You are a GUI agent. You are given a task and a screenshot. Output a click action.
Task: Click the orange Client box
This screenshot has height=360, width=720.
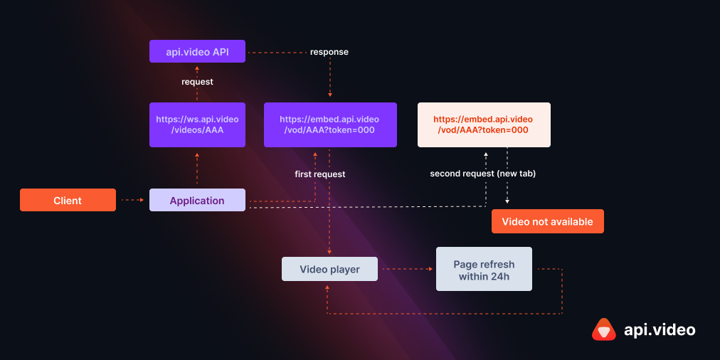tap(68, 201)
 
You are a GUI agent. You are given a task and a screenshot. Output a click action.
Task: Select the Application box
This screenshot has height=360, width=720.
tap(197, 201)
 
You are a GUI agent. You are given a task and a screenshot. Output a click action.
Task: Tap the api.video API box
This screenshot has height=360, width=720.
tap(197, 52)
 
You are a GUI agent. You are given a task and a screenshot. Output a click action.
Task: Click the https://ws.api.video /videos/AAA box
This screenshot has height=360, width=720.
tap(197, 125)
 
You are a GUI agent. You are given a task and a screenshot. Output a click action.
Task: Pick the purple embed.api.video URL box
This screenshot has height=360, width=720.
tap(329, 125)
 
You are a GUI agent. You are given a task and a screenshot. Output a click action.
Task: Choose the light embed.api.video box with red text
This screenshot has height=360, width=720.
tap(483, 125)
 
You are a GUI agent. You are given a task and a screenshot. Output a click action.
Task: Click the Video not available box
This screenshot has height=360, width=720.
tap(547, 221)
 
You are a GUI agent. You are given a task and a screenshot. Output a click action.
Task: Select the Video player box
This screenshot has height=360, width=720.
tap(329, 270)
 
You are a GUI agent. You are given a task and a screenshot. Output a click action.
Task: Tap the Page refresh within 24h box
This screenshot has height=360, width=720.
tap(484, 270)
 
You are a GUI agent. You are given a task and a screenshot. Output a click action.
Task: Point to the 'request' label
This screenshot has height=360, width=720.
tap(197, 82)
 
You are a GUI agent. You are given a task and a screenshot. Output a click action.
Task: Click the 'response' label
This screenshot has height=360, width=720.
tap(329, 52)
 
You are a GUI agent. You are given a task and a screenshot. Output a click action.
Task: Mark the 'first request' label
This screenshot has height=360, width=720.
tap(320, 174)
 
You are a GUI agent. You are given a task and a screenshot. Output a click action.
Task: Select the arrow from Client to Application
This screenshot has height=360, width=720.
tap(132, 201)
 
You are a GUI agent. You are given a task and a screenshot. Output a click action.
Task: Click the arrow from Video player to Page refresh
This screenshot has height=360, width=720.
tap(406, 270)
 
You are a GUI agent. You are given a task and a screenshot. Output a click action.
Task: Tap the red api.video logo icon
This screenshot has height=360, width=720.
tap(603, 329)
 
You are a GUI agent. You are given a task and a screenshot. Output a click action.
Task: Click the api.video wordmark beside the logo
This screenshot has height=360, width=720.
tap(660, 329)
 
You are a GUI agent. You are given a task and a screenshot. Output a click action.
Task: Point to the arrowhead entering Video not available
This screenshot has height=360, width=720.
tap(507, 203)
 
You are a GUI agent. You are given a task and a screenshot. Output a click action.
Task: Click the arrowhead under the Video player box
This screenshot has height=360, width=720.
tap(327, 287)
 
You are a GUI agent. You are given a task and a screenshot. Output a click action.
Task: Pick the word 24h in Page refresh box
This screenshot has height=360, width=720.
tap(500, 276)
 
